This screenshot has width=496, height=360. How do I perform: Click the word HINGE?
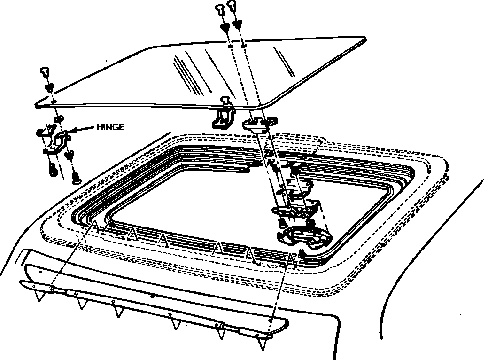point(110,127)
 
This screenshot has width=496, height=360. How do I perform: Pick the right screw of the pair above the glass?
point(232,6)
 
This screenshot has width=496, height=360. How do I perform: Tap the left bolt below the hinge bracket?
point(53,172)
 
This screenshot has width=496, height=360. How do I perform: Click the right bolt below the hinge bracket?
point(75,178)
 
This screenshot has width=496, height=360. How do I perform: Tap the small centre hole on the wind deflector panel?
point(152,297)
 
